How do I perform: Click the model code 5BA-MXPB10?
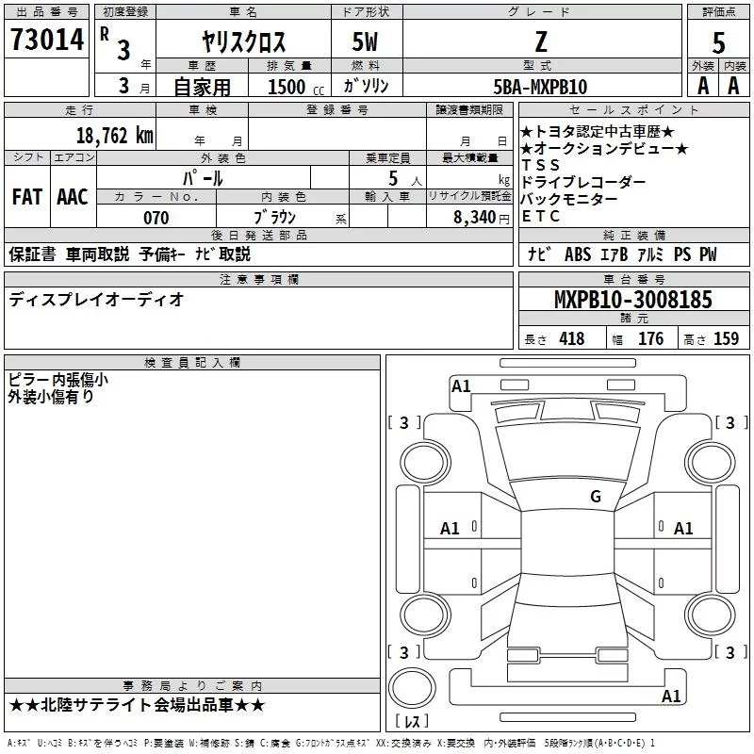[540, 87]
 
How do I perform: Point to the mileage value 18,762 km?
[113, 135]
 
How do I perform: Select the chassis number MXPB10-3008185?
[633, 300]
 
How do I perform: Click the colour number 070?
[156, 218]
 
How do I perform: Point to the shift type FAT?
[26, 197]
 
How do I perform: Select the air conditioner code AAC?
[73, 197]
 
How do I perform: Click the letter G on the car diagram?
[596, 496]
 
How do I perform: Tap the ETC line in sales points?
[541, 216]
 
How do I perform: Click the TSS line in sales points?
[541, 165]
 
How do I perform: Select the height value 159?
[726, 339]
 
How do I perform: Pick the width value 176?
[650, 339]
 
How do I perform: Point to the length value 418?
[571, 339]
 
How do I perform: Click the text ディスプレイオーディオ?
[96, 300]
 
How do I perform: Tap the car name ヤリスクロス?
[244, 41]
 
